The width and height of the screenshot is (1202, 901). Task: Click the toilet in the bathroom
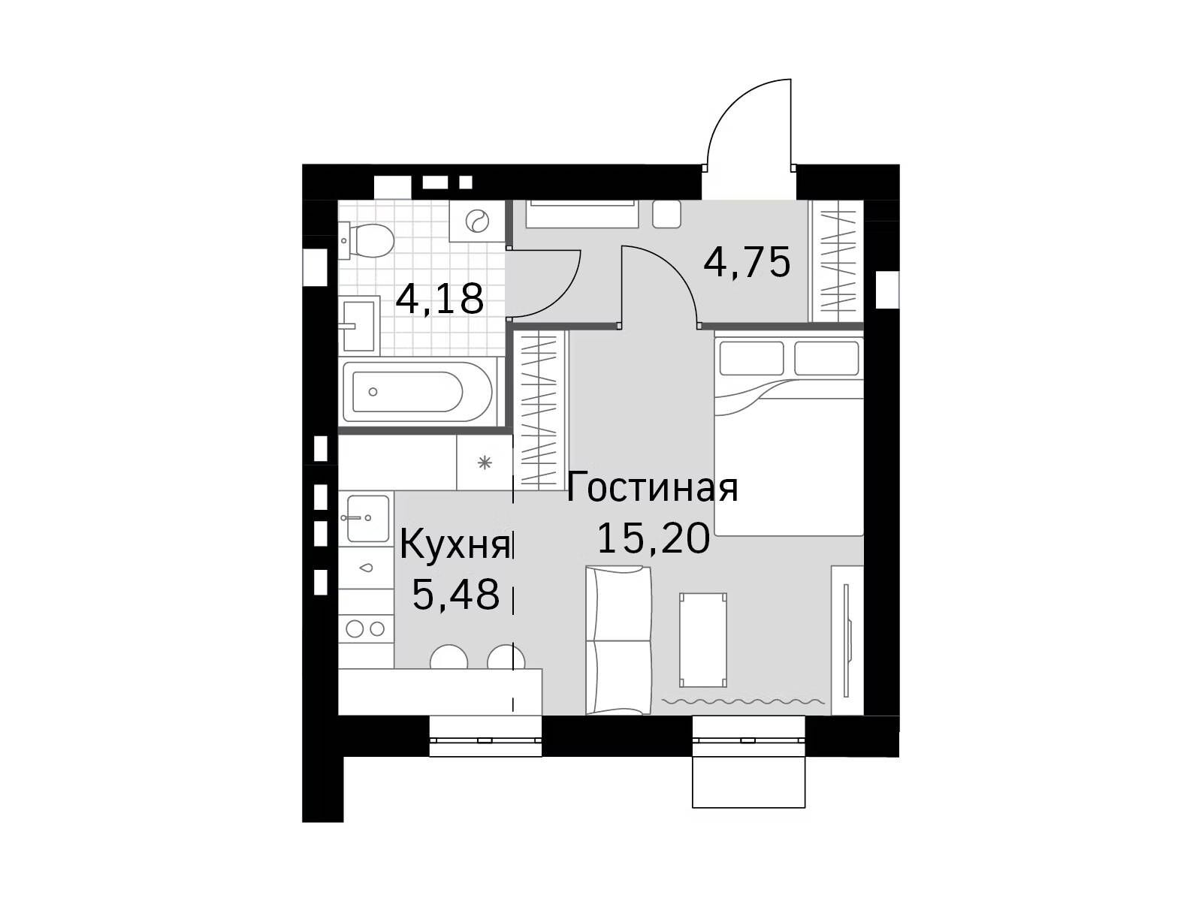point(367,241)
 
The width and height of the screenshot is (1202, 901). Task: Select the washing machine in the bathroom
point(476,221)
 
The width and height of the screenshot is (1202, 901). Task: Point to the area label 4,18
point(439,299)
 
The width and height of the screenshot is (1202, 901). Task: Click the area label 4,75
point(747,263)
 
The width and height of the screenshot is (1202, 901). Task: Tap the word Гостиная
point(651,487)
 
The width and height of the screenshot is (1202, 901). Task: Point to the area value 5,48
point(455,594)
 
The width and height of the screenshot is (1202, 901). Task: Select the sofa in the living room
point(618,640)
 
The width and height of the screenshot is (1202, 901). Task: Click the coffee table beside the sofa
point(703,640)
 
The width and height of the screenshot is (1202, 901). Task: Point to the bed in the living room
point(789,436)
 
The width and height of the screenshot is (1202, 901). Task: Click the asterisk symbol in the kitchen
point(485,463)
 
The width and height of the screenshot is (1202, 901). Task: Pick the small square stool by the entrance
point(666,214)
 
